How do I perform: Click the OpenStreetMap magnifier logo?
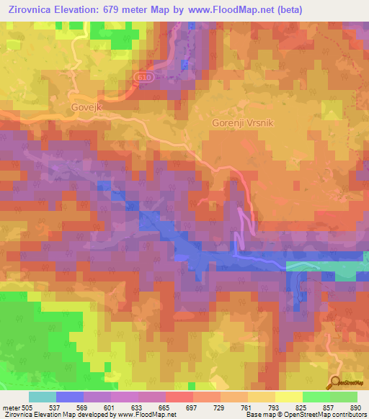click(336, 383)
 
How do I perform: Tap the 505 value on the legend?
click(28, 407)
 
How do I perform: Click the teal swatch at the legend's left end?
click(42, 397)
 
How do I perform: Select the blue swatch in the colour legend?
click(69, 397)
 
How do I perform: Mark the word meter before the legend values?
click(10, 407)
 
